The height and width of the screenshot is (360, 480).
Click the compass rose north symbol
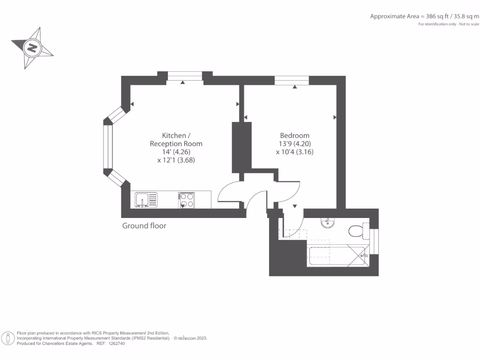pyautogui.click(x=32, y=48)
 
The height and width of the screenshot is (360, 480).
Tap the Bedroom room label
pyautogui.click(x=294, y=135)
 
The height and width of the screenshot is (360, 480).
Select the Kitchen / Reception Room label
pyautogui.click(x=176, y=139)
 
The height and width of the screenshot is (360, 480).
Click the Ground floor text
pyautogui.click(x=144, y=226)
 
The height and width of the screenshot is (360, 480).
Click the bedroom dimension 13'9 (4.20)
pyautogui.click(x=294, y=144)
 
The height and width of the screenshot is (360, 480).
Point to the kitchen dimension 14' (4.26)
pyautogui.click(x=176, y=152)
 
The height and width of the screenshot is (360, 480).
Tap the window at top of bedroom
pyautogui.click(x=292, y=80)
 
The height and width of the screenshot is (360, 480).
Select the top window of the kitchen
pyautogui.click(x=185, y=76)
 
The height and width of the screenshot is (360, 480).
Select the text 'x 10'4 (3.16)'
pyautogui.click(x=294, y=152)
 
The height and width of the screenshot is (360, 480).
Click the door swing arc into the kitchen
pyautogui.click(x=229, y=190)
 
